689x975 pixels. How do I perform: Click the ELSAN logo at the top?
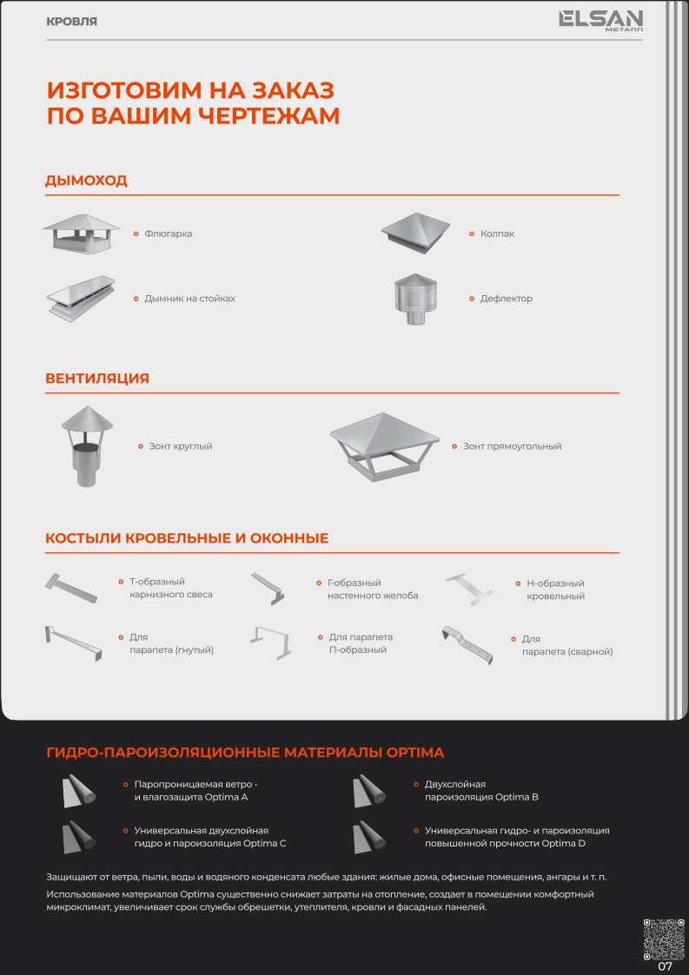coord(600,21)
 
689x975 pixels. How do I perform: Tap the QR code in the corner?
coord(664,939)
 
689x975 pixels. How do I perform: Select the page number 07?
coord(666,966)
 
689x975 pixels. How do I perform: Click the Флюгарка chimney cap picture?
coord(82,234)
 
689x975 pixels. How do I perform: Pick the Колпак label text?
coord(497,234)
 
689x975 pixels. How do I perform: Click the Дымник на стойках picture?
coord(81,299)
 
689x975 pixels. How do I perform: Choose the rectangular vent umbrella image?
coord(384,447)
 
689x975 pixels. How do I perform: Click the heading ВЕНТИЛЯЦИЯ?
coord(97,378)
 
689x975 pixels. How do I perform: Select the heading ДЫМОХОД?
coord(87,181)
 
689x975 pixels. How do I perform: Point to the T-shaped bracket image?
coord(71,588)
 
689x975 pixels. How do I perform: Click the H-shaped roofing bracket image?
coord(469,590)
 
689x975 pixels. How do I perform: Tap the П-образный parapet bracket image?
coord(271,642)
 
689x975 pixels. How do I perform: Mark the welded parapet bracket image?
coord(467,645)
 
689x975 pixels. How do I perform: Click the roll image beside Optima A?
coord(79,791)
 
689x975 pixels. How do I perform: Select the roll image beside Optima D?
coord(369,837)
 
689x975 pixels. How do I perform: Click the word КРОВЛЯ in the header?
coord(71,22)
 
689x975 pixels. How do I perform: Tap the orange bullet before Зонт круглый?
coord(141,446)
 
